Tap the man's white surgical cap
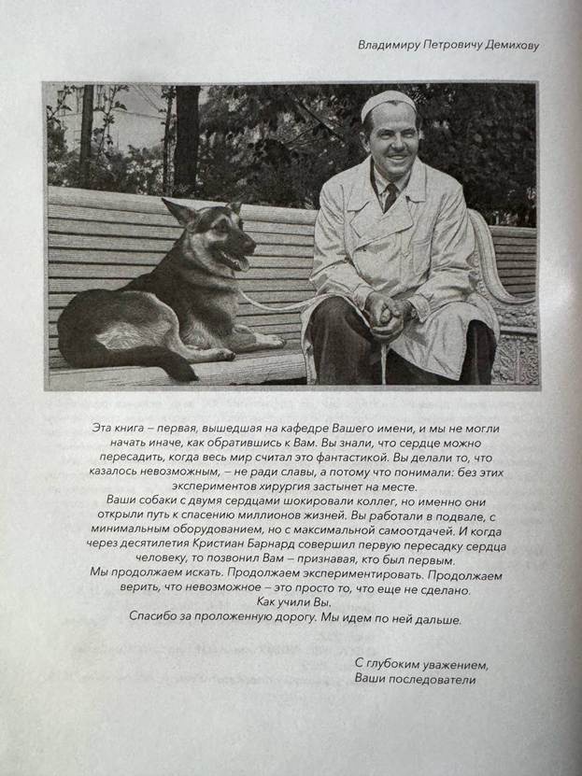(388, 103)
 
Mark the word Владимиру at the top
(389, 45)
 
